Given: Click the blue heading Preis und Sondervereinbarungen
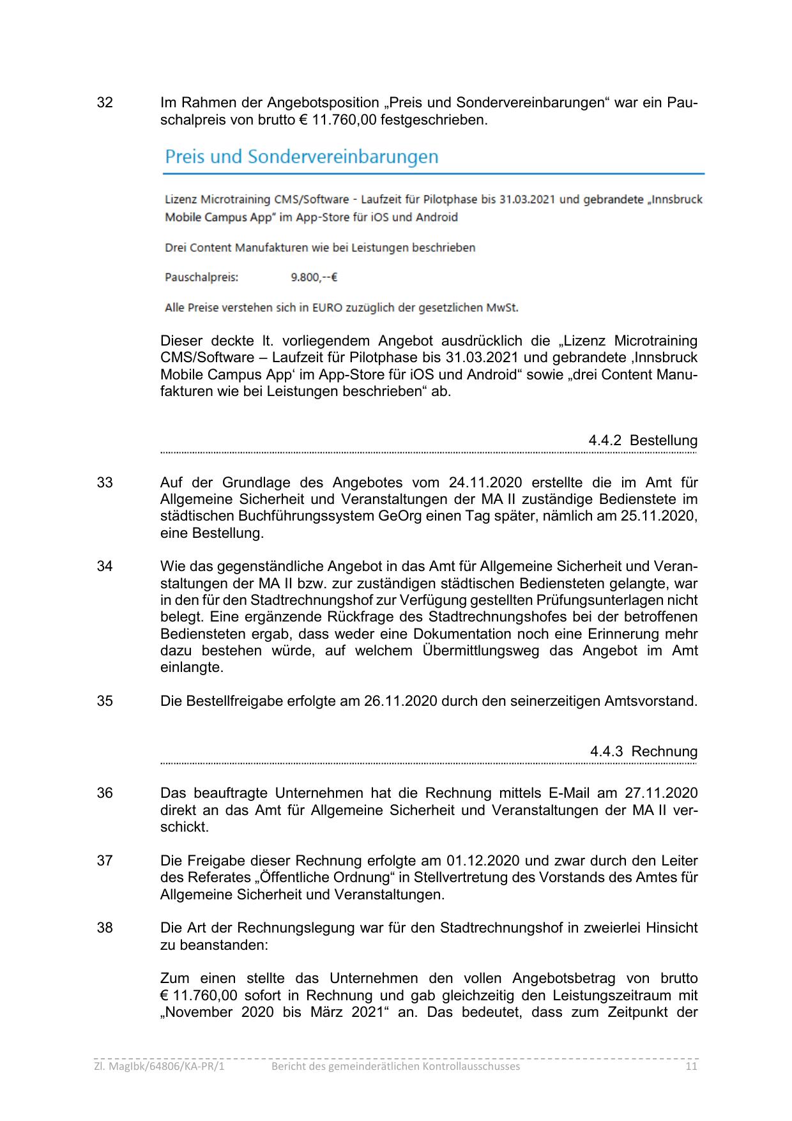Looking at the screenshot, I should (x=301, y=157).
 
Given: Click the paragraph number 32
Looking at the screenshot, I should (x=105, y=103).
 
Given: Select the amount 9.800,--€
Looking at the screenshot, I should (x=314, y=277).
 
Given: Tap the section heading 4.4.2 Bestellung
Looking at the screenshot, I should (x=643, y=441).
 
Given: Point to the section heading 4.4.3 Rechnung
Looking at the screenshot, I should (x=643, y=752).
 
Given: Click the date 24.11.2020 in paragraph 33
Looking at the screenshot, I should (x=485, y=483).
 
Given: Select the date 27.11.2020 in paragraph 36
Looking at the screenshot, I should (x=661, y=793).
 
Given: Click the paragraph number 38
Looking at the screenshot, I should (x=105, y=928).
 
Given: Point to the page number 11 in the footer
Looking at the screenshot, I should (x=691, y=1067).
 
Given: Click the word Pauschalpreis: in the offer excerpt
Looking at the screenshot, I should (x=201, y=277).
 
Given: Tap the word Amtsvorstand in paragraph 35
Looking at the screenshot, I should (x=651, y=701).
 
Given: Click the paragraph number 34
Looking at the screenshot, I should (x=105, y=567).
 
